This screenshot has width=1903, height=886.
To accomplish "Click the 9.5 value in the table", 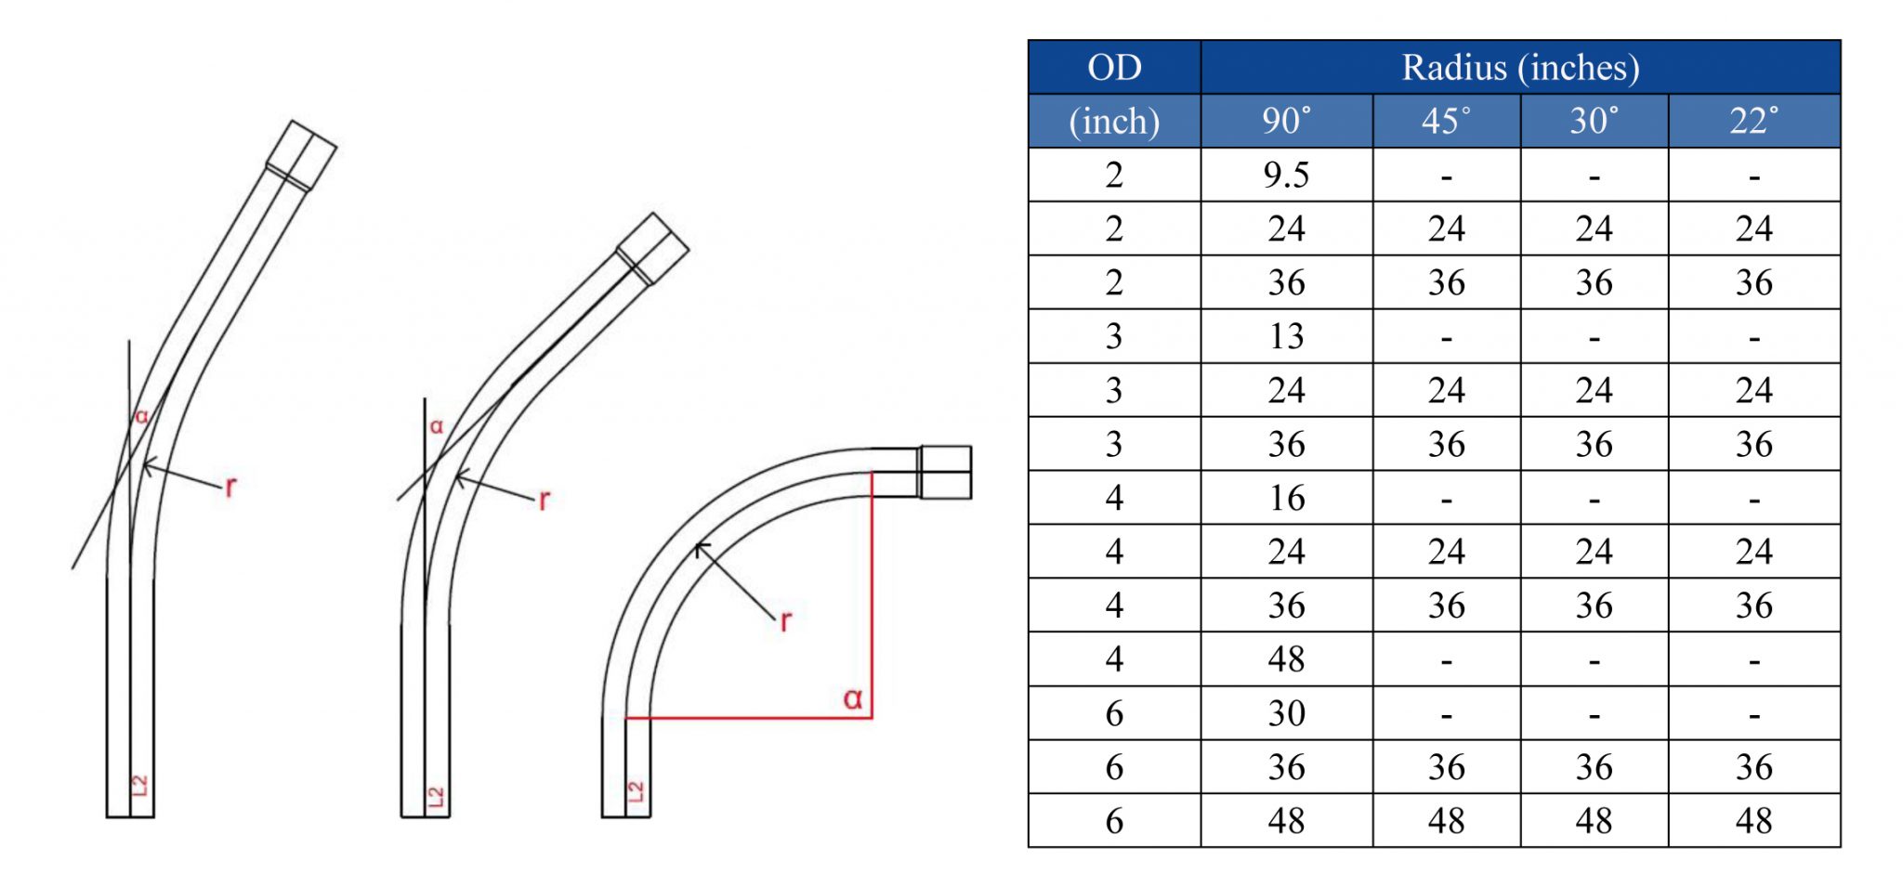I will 1286,176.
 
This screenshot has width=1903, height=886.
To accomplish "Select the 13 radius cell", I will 1286,336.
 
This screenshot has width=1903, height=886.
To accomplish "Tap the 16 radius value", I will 1286,499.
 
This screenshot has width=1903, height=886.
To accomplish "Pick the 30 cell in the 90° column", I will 1286,713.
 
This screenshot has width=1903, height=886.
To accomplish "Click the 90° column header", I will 1286,121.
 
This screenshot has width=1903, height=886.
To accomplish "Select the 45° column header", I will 1446,121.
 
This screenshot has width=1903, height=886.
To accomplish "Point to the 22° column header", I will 1753,121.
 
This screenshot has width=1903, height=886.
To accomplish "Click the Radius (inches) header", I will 1520,68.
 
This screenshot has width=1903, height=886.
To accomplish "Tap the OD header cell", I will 1114,68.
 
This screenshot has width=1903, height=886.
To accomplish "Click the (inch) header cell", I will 1114,122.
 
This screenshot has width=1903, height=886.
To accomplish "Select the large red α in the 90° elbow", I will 852,698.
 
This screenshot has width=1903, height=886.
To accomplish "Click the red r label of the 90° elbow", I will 785,620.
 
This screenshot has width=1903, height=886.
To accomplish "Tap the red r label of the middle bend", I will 544,500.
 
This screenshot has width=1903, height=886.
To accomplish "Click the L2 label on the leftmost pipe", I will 139,785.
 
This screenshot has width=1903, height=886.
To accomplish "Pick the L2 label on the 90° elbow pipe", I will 636,791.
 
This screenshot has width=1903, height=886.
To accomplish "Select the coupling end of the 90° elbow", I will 946,472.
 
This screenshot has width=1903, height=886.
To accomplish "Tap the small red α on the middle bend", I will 436,427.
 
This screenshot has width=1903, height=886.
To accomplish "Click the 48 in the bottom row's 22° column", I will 1753,821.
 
